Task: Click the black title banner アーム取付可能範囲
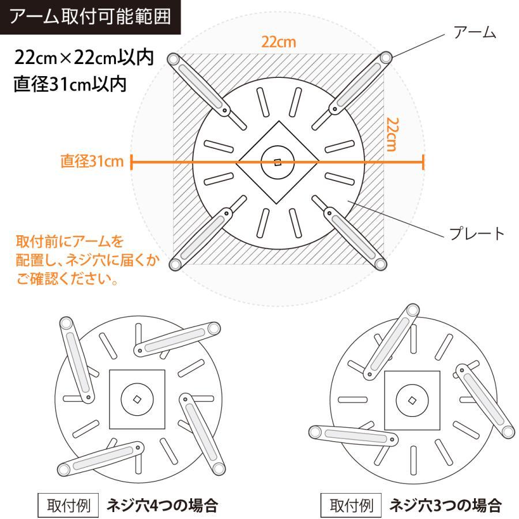coord(90,17)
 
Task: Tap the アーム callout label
coord(475,32)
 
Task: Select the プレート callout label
coord(477,234)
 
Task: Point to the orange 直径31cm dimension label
coord(92,161)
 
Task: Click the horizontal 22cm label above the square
coord(279,42)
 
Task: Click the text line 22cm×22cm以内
coord(84,58)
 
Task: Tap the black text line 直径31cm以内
coord(70,84)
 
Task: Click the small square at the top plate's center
coord(278,162)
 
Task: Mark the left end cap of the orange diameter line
coord(131,162)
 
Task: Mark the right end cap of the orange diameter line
coord(423,162)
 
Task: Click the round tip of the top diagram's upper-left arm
coord(173,59)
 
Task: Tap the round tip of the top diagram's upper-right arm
coord(385,58)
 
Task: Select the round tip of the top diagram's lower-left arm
coord(175,265)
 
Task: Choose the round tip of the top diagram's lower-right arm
coord(381,264)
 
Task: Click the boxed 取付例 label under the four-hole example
coord(68,505)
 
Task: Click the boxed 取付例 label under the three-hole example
coord(351,505)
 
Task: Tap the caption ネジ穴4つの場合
coord(162,505)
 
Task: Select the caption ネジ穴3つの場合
coord(445,505)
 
